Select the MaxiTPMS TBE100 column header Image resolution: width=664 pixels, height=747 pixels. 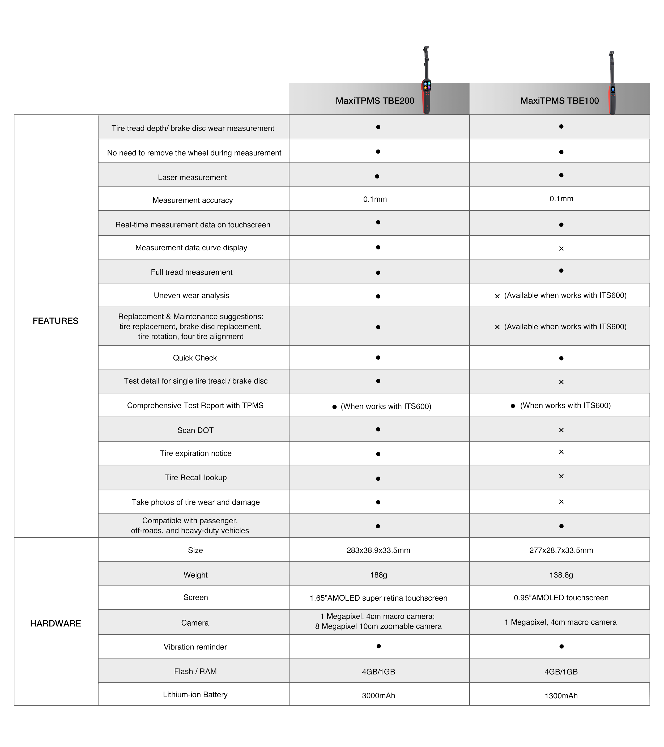click(x=559, y=101)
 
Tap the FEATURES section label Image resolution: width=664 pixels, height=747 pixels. click(x=56, y=321)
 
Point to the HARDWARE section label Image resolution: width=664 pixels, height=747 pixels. click(x=56, y=623)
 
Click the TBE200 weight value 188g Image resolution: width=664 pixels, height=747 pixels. click(x=378, y=575)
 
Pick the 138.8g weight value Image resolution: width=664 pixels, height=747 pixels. click(x=561, y=575)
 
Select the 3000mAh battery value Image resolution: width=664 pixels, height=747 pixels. click(x=378, y=695)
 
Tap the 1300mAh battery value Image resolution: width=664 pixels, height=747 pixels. click(x=561, y=695)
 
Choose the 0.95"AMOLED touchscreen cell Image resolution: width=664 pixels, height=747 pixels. click(x=561, y=597)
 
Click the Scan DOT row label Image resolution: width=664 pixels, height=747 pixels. click(x=195, y=430)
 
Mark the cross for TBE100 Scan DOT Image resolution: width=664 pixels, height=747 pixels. click(x=561, y=430)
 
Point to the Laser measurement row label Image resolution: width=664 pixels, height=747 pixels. click(x=192, y=177)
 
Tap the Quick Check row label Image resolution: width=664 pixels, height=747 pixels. click(x=195, y=358)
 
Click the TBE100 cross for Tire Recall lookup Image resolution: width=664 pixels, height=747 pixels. click(x=561, y=476)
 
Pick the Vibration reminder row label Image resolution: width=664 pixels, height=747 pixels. click(x=195, y=647)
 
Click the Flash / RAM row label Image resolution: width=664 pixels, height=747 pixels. click(x=195, y=671)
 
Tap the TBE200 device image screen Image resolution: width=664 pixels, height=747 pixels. click(x=427, y=86)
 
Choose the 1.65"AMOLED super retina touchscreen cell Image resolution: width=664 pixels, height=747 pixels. click(x=378, y=598)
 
